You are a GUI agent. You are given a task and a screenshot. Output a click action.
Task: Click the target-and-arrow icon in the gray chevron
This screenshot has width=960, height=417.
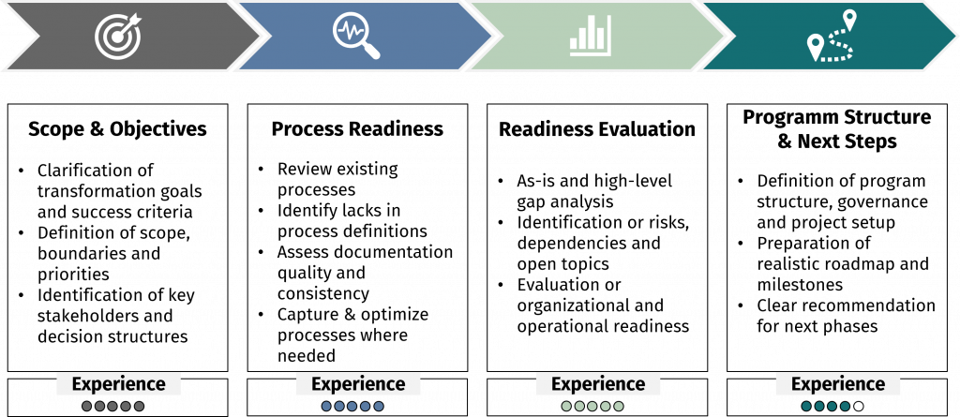tap(117, 35)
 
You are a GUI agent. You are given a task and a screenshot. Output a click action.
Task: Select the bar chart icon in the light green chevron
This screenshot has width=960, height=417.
tap(591, 36)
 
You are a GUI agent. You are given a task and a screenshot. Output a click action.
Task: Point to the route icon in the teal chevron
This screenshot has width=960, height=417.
tap(832, 37)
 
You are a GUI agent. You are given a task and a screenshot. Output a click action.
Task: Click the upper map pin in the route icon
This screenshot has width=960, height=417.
tap(849, 19)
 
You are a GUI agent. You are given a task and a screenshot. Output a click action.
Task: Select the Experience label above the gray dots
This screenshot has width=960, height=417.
tap(118, 383)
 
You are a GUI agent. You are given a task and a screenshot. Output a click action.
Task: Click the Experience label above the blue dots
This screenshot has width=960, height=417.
tap(358, 383)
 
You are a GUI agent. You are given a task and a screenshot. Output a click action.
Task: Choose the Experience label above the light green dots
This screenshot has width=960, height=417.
tap(598, 383)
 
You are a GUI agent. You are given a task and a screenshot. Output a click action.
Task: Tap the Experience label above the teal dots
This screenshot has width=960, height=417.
tap(838, 383)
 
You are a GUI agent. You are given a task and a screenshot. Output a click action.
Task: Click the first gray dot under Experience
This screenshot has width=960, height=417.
tap(87, 407)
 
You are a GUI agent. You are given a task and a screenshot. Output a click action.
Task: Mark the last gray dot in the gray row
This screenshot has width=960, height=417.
tap(140, 407)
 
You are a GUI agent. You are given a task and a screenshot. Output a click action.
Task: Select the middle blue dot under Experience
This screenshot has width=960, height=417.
tap(352, 407)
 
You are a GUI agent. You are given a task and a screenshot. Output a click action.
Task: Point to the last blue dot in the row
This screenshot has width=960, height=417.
tap(379, 407)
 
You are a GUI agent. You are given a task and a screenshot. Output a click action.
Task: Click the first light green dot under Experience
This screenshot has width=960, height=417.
tap(566, 407)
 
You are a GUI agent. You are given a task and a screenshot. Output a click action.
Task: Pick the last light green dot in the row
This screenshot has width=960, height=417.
tap(619, 407)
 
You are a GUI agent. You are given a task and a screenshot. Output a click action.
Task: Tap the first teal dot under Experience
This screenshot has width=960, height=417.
tap(806, 407)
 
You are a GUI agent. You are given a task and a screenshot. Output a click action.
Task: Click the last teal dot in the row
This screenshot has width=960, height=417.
tap(846, 407)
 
